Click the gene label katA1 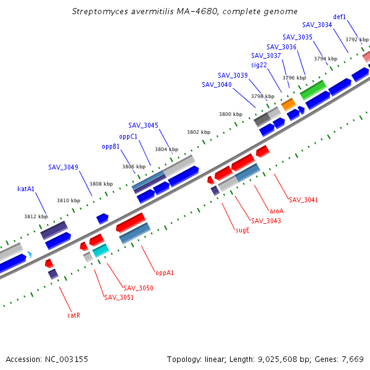click(25, 189)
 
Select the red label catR click(74, 315)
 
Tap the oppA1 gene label click(165, 272)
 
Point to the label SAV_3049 click(64, 167)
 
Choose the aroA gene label click(277, 210)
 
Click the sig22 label click(259, 65)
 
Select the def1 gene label click(339, 17)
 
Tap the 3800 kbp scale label click(231, 114)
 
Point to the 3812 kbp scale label click(36, 216)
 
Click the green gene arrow click(313, 89)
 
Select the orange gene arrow click(289, 104)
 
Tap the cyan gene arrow click(101, 250)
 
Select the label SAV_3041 click(303, 200)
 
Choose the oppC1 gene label click(128, 136)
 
